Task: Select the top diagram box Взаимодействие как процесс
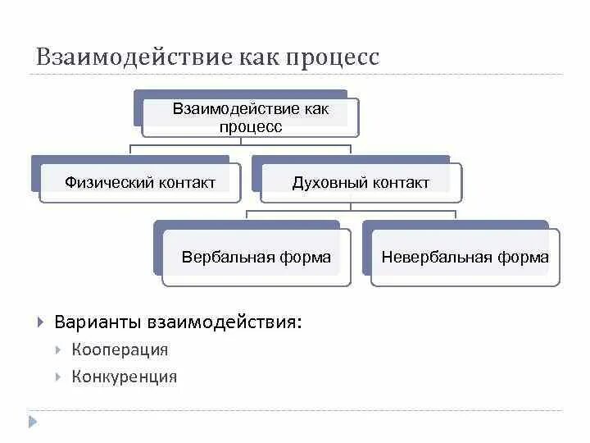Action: pyautogui.click(x=250, y=117)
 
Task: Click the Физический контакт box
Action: pyautogui.click(x=140, y=182)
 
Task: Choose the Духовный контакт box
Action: pyautogui.click(x=361, y=182)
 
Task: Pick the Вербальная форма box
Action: pyautogui.click(x=256, y=257)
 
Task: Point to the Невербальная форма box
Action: pyautogui.click(x=465, y=257)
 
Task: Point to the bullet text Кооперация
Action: pyautogui.click(x=120, y=349)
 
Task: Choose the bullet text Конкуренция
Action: pyautogui.click(x=124, y=377)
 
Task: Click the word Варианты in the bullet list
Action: pyautogui.click(x=98, y=321)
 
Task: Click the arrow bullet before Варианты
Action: pyautogui.click(x=40, y=321)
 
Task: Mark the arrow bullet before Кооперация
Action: pyautogui.click(x=58, y=349)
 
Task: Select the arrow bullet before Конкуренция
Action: pyautogui.click(x=58, y=377)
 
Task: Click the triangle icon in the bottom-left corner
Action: pyautogui.click(x=34, y=422)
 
